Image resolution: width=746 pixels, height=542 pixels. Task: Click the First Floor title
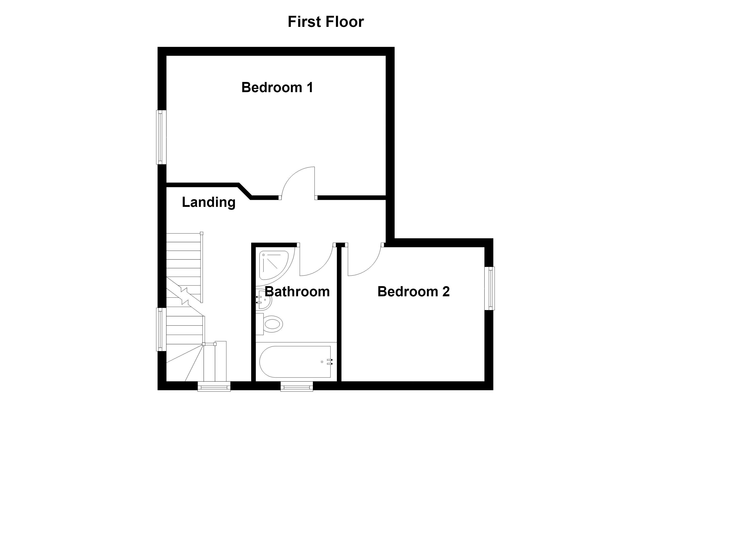click(326, 22)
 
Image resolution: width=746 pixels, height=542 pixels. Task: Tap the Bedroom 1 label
click(277, 87)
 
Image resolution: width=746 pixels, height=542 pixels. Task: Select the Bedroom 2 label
click(413, 292)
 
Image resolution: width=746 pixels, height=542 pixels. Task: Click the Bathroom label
click(297, 292)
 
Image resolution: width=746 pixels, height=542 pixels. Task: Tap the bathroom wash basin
click(264, 299)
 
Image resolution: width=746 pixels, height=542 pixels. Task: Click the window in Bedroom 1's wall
click(161, 137)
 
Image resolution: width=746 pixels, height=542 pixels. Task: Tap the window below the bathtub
click(297, 387)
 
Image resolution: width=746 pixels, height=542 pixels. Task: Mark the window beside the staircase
click(161, 329)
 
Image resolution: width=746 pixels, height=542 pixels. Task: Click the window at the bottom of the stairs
click(214, 387)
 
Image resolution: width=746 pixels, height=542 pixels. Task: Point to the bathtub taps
click(330, 362)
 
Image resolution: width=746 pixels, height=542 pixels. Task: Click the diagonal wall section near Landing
click(245, 191)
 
